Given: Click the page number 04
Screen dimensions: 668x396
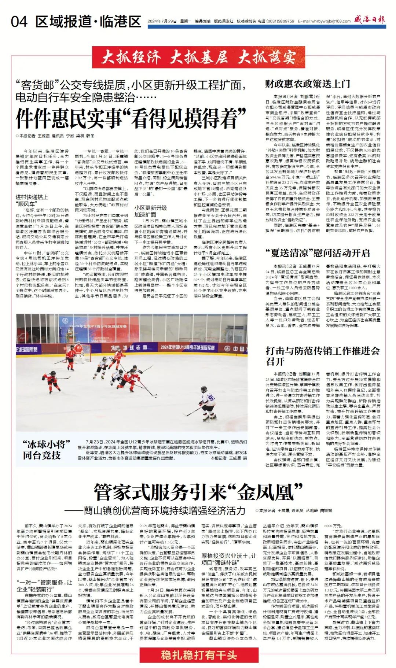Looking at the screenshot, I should tap(19, 22).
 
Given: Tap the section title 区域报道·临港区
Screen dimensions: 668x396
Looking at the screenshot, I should tap(88, 22).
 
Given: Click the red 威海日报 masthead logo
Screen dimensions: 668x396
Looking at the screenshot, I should tap(369, 20).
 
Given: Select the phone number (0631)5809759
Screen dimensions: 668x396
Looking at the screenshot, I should tap(281, 21).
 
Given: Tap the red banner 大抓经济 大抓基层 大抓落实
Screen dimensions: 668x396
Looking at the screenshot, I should tap(198, 58).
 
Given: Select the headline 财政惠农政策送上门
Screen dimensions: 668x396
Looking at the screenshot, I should tap(307, 84).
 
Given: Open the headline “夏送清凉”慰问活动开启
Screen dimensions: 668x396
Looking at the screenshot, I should tap(318, 253).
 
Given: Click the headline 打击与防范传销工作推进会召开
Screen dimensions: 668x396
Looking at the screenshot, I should tap(322, 356).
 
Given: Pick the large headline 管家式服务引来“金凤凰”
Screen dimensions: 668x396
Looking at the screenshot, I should tap(198, 492).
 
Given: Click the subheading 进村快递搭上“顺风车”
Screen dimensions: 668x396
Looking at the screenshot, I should tap(32, 200).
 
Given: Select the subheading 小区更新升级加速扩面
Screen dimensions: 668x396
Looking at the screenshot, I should tap(150, 211).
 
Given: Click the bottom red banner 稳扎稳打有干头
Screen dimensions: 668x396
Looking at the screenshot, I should tap(198, 655).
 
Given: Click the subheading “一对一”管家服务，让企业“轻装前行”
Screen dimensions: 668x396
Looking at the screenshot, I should tap(44, 586).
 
